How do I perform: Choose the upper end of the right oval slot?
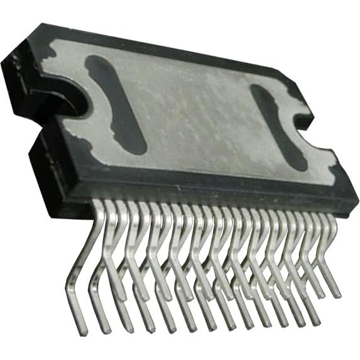click(x=259, y=91)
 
